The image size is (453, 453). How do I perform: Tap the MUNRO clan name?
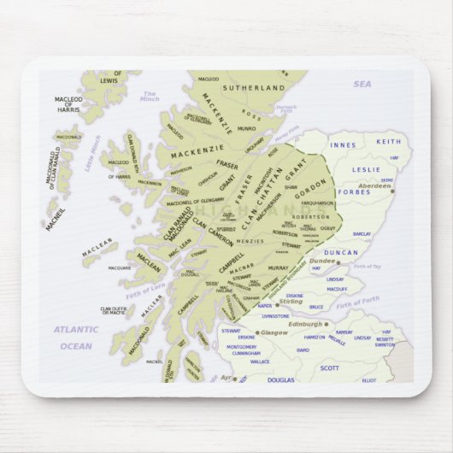[246, 128]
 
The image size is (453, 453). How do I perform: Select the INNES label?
[343, 145]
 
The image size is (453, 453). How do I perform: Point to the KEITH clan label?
[388, 141]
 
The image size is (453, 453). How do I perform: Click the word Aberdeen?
[374, 185]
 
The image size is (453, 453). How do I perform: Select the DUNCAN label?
[342, 253]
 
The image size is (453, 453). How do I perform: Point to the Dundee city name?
[321, 261]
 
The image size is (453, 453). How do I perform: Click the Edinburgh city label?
[305, 325]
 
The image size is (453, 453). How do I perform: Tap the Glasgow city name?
[274, 332]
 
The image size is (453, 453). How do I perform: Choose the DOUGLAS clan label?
[280, 379]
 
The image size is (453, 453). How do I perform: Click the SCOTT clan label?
[329, 368]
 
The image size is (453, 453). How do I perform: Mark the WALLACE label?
[260, 361]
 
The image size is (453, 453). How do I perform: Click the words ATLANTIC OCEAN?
[76, 337]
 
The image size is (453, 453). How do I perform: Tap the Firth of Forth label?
[356, 302]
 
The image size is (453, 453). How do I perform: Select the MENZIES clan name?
[274, 242]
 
